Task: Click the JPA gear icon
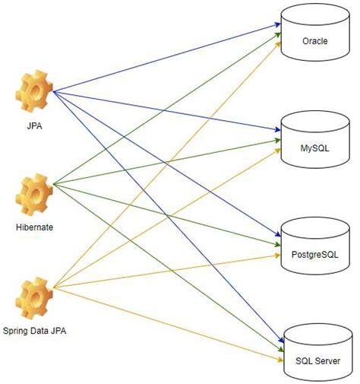(34, 93)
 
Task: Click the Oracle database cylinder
(314, 34)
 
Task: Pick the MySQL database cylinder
(314, 140)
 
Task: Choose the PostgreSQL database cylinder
(314, 245)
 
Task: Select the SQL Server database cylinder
(314, 352)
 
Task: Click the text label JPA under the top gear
(34, 126)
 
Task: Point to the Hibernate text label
(34, 226)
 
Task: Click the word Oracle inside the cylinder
(314, 40)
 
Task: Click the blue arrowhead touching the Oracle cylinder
(278, 24)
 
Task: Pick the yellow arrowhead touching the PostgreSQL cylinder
(278, 256)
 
